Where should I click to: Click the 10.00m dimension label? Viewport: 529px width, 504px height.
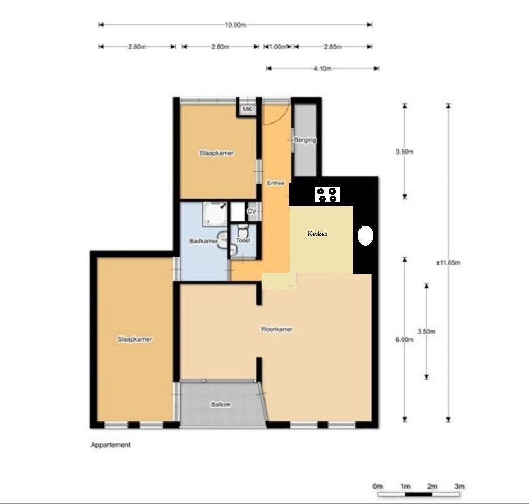[x=235, y=25]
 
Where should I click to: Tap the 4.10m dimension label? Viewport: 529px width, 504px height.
[x=322, y=69]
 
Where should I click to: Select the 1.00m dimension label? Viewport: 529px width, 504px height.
[x=277, y=47]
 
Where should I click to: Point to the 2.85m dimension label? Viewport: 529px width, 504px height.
[x=332, y=47]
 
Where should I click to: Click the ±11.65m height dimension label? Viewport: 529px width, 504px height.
[x=448, y=262]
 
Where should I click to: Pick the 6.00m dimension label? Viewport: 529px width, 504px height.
[x=404, y=339]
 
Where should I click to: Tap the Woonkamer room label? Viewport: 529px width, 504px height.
[x=276, y=329]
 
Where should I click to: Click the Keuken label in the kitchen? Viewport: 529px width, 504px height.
[x=317, y=234]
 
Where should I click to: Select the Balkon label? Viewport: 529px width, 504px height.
[x=221, y=405]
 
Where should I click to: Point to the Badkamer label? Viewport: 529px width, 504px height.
[x=203, y=241]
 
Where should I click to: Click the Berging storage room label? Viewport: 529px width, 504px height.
[x=304, y=139]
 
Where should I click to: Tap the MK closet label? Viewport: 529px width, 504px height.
[x=247, y=109]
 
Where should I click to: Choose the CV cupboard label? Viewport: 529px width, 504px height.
[x=252, y=211]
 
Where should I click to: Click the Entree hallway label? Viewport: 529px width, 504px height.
[x=276, y=183]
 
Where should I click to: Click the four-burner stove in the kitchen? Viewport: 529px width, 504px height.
[x=327, y=195]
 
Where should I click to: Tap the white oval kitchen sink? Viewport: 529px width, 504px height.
[x=366, y=235]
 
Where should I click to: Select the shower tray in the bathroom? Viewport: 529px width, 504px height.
[x=215, y=214]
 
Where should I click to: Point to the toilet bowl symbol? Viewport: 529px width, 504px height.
[x=242, y=231]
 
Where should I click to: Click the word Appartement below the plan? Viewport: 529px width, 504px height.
[x=111, y=445]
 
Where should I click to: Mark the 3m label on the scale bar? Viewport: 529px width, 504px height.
[x=459, y=487]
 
